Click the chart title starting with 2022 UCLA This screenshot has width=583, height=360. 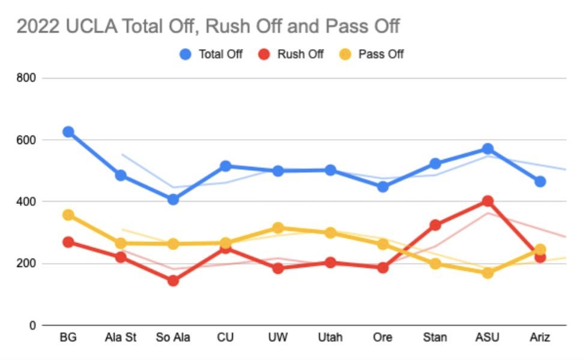coord(208,27)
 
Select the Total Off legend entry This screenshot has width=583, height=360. coord(220,54)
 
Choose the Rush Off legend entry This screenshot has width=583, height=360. coord(300,54)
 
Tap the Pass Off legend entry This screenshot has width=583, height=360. coord(381,54)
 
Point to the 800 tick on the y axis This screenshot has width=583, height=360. coord(28,78)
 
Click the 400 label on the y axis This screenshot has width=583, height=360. coord(28,202)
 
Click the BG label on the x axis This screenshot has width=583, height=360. coord(68,338)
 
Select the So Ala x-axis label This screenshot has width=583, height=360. coord(173,338)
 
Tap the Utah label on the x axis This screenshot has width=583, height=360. coord(330,338)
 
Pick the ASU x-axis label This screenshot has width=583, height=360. coord(487,338)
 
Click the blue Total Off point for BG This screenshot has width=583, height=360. coord(68,132)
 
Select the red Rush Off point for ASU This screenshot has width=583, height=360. coord(488,201)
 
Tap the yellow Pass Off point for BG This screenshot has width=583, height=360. coord(68,215)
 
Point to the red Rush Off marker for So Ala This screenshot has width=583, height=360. coord(173,280)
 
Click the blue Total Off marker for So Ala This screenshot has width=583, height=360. coord(173,199)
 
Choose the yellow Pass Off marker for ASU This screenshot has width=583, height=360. coord(488,273)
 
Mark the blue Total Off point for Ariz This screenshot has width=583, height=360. coord(540,181)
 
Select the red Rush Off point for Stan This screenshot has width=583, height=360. coord(435,225)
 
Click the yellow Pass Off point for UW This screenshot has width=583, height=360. coord(278,228)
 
